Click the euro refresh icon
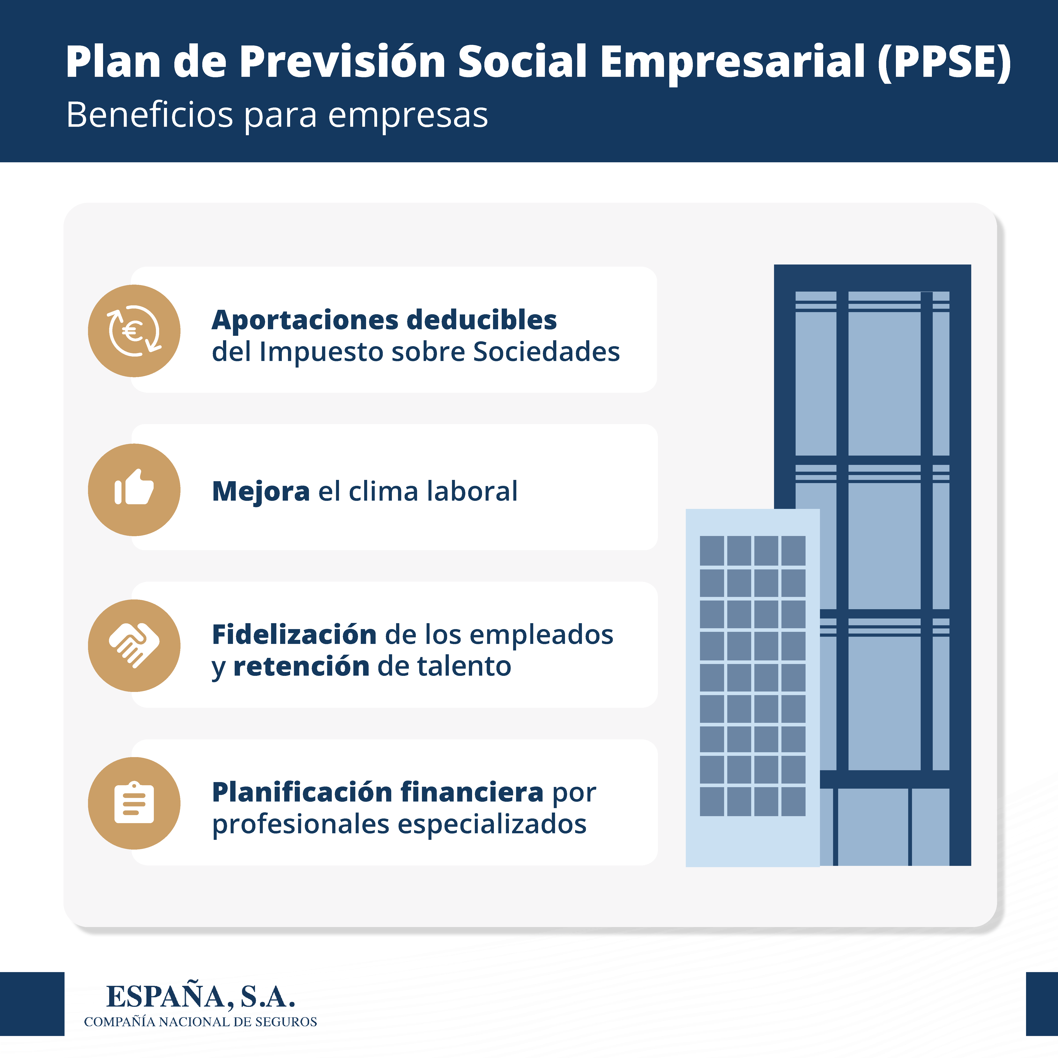point(134,331)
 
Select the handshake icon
point(134,645)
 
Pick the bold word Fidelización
point(294,635)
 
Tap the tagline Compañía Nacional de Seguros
point(200,1022)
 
